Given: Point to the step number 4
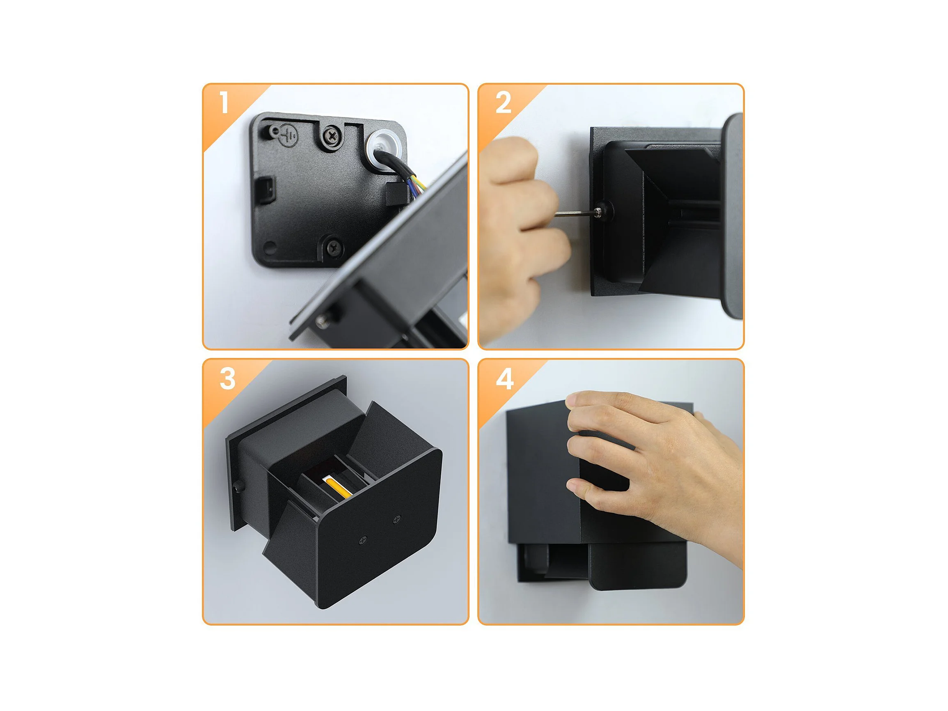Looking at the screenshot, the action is [504, 379].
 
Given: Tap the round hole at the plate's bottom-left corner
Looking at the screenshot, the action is [270, 247].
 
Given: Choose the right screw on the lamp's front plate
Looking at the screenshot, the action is [397, 519].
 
